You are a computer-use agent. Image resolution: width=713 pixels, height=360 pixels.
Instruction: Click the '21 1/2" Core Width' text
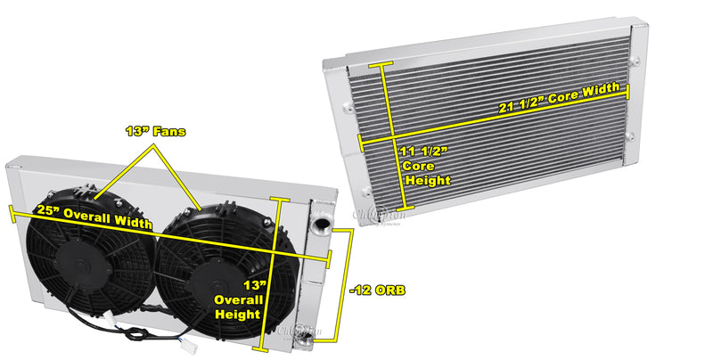point(561,107)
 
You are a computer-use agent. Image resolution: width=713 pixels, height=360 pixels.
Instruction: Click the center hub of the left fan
point(77,264)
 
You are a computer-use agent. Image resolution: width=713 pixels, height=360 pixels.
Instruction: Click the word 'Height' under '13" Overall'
point(237,315)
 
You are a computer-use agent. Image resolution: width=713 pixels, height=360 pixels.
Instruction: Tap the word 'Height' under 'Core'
point(426,180)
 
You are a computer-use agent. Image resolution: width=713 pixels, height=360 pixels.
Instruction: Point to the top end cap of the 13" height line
point(280,200)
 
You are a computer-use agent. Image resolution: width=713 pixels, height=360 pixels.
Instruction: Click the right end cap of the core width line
point(628,91)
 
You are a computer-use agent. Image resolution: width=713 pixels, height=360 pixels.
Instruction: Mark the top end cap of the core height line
point(385,65)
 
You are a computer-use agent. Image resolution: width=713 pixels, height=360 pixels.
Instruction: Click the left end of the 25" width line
point(10,211)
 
